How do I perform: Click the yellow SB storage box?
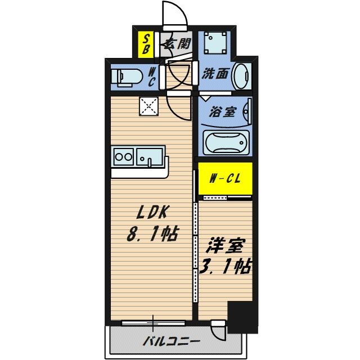coord(146,44)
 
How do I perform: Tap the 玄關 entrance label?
coord(178,43)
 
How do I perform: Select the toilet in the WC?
coord(126,78)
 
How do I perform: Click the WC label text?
coord(151,78)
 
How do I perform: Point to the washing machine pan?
coord(215,43)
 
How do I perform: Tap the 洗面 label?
coord(215,74)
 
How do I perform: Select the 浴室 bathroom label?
coord(222,112)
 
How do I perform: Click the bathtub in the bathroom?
coord(226,142)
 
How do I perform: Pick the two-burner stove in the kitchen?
coord(124,157)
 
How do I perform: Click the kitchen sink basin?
coord(150,157)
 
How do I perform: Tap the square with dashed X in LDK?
coord(148,106)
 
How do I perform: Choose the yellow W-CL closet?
coord(225,178)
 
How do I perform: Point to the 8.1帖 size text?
coord(152,234)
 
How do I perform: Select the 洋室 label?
coord(225,245)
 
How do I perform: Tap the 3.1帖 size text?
coord(225,266)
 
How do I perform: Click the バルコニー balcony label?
coord(171,342)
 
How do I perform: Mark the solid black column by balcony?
coord(243,317)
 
